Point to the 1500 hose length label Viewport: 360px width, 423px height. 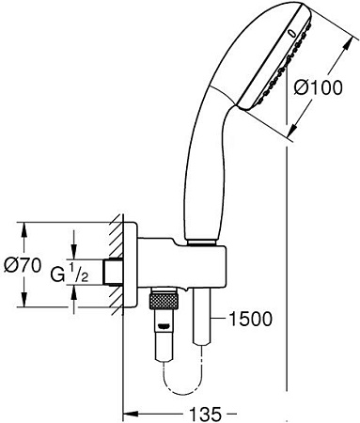pyautogui.click(x=250, y=319)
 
